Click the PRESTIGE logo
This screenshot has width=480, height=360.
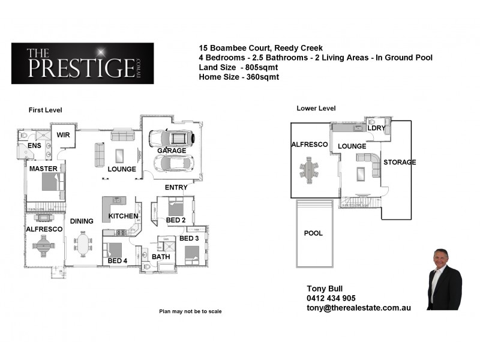[82, 63]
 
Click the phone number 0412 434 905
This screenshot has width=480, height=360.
[331, 298]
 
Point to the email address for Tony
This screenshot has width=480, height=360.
[358, 307]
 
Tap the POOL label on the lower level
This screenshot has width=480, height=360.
[313, 233]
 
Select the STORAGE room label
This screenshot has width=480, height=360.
[400, 163]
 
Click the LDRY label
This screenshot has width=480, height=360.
[376, 128]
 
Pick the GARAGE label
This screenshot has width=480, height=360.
[171, 151]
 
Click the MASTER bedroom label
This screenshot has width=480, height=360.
[43, 169]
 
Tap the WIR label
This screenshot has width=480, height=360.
[64, 135]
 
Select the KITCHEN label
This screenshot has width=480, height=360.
[124, 216]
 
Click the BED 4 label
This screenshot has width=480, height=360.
[118, 261]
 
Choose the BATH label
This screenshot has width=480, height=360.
[161, 257]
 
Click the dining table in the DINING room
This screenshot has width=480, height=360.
[82, 244]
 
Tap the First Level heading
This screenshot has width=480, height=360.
[46, 110]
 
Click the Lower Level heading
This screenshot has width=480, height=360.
[316, 108]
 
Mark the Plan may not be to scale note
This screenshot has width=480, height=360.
[190, 311]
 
